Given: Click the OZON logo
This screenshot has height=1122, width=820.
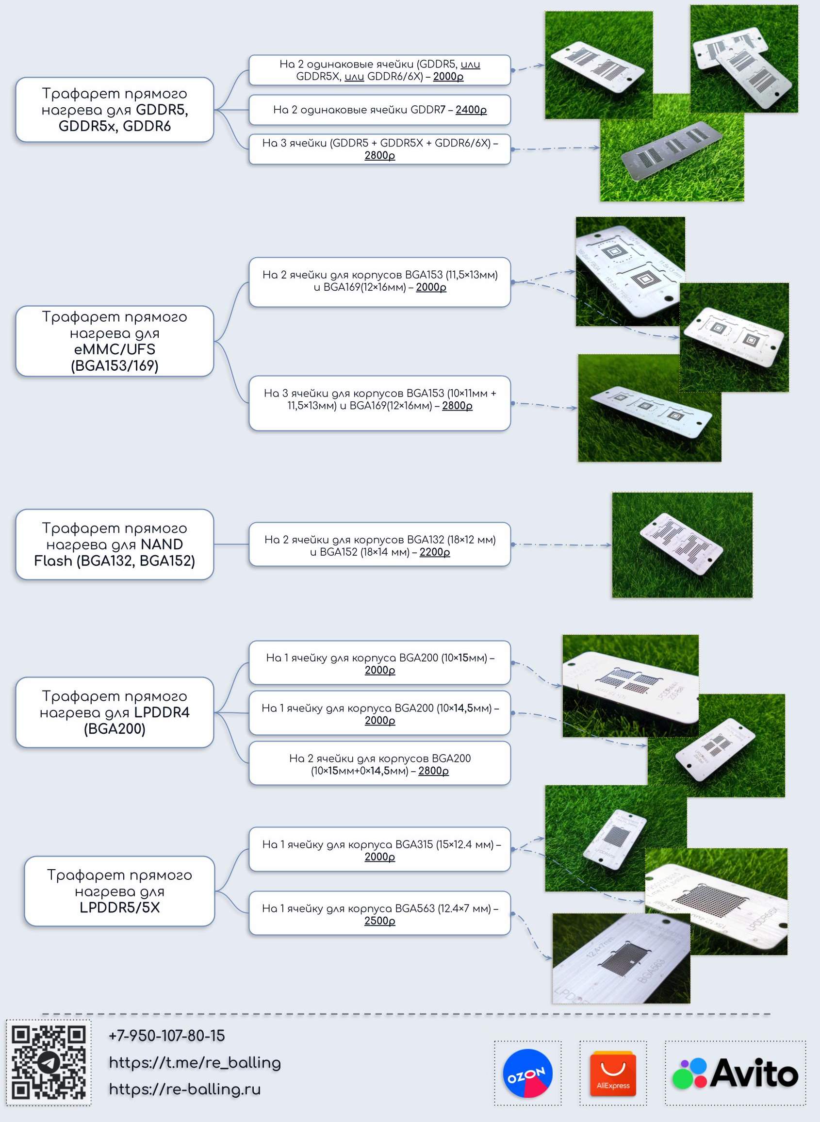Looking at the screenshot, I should (527, 1073).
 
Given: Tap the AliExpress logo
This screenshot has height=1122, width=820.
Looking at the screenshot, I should (613, 1073).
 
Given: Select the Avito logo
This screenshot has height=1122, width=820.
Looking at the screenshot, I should (735, 1073).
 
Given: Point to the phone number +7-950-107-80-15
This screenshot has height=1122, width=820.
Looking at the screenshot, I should (167, 1036).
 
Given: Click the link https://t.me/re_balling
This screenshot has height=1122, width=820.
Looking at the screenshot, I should (195, 1062).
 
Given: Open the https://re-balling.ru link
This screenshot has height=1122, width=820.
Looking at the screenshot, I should (185, 1089).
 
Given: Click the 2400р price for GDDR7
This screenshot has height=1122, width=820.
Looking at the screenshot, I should (471, 110).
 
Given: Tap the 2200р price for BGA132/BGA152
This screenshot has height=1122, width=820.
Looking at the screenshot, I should (435, 552).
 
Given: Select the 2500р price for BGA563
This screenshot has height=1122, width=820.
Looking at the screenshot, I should (380, 921).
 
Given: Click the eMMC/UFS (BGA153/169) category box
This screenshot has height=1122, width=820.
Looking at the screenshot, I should (115, 341).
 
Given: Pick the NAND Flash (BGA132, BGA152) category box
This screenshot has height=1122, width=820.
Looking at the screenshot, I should (115, 544).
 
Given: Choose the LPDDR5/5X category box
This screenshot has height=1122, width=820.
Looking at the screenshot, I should (119, 891).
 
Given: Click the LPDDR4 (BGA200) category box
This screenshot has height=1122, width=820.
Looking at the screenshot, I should (115, 712).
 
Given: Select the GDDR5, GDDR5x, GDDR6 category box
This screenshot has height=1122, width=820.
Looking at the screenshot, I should (115, 110).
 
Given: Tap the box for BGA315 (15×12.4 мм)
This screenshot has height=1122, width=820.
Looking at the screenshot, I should (380, 849).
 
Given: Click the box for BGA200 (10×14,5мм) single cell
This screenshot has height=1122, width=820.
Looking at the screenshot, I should (380, 713).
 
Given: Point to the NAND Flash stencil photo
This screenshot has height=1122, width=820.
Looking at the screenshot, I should (682, 544).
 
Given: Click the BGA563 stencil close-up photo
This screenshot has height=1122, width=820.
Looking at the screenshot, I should (621, 958).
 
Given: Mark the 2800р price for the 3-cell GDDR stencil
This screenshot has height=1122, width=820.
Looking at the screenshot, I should (380, 155).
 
